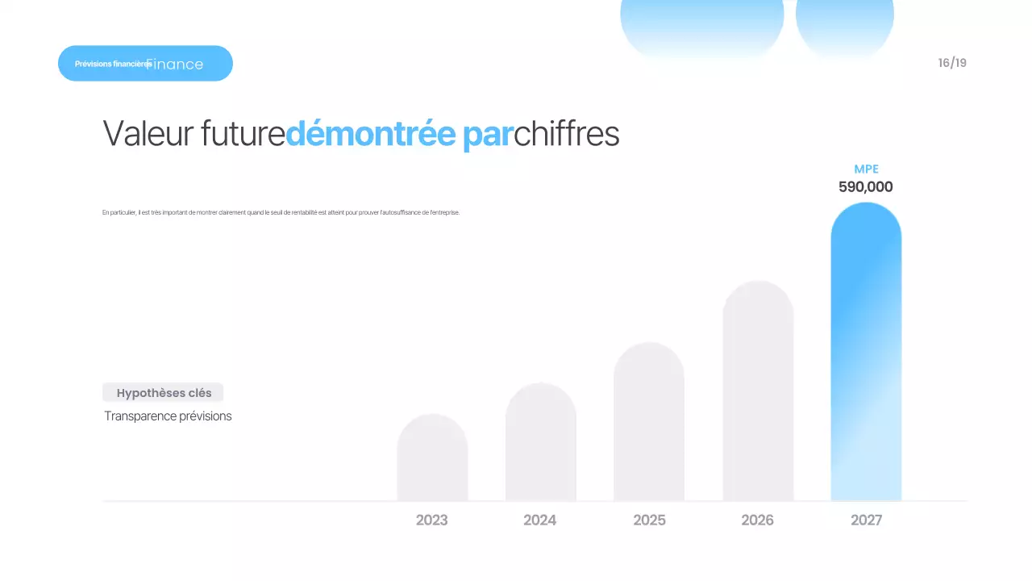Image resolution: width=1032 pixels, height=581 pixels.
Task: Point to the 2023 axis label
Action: pos(432,520)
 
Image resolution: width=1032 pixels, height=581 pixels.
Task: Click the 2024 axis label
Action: pos(540,520)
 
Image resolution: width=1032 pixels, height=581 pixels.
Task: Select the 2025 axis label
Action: pos(649,520)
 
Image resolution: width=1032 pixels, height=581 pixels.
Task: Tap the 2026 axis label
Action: pos(757,520)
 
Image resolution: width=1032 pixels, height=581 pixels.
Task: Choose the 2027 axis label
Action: pos(866,520)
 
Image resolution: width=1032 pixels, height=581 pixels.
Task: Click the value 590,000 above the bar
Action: pos(866,187)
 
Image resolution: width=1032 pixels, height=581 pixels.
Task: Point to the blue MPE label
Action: pos(866,169)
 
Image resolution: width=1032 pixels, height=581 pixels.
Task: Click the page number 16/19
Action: pos(952,63)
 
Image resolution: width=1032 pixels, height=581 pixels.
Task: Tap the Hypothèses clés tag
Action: pos(164,393)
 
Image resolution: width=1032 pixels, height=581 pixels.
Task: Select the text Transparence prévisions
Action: pos(168,416)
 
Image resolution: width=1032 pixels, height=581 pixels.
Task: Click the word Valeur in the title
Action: pos(148,134)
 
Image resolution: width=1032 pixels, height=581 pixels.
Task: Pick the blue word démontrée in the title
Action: pos(370,134)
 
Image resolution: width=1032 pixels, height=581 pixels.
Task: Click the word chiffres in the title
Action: pos(567,134)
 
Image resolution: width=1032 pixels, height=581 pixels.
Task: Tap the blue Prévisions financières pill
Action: pos(145,63)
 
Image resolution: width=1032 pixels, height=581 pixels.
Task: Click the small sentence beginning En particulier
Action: pos(281,213)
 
